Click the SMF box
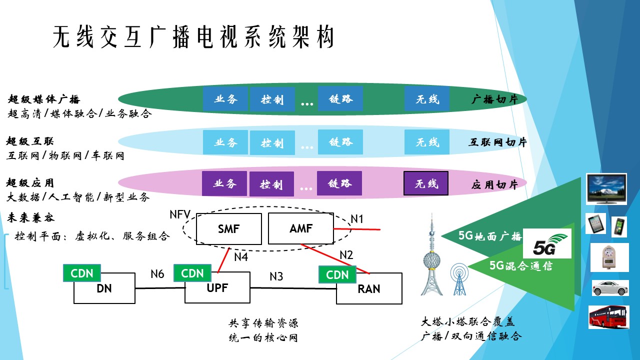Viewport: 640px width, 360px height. [229, 229]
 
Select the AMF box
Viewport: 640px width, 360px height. [301, 228]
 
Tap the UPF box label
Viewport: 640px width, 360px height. [217, 288]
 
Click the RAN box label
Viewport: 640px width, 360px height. [369, 289]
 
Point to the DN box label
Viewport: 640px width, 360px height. [104, 288]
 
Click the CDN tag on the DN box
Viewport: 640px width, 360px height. [82, 273]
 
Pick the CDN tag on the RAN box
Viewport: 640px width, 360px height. [337, 274]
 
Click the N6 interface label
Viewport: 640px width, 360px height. [157, 274]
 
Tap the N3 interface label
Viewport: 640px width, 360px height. [276, 276]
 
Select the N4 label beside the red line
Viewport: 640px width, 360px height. [241, 257]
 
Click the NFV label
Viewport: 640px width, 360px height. [180, 214]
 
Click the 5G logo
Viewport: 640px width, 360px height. [547, 243]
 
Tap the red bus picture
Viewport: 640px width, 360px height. [609, 317]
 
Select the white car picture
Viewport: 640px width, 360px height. [610, 288]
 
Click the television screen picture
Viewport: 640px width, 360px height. [606, 189]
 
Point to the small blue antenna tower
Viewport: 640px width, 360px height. [459, 279]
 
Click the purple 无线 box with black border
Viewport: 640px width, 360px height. [425, 183]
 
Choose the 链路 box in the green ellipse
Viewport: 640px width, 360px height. [340, 99]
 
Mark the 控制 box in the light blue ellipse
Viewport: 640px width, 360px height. [272, 142]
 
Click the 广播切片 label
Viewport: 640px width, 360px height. [494, 99]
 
